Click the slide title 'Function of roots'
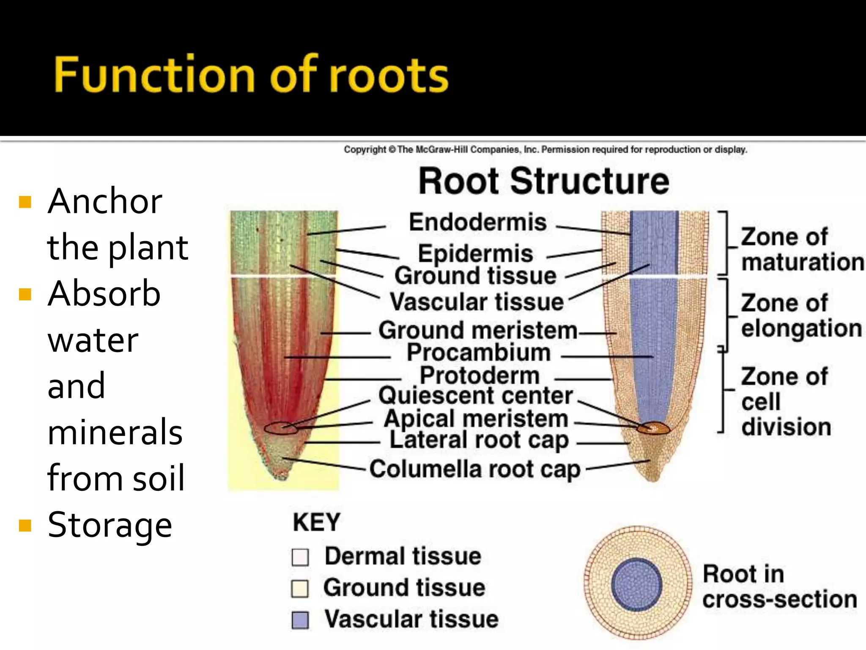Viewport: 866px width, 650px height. pos(251,74)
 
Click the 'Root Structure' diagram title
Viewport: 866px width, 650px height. pos(544,181)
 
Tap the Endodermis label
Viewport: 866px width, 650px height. pos(477,222)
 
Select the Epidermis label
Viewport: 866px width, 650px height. pos(475,253)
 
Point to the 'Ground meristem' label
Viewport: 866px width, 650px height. pos(478,331)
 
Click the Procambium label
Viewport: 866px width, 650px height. pos(479,353)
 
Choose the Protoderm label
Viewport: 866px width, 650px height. pos(480,375)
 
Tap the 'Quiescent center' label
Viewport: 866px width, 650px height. pos(476,396)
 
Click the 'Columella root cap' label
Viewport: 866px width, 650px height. pos(475,469)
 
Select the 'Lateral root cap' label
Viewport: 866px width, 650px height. pos(479,440)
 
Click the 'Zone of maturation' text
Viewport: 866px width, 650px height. pos(801,250)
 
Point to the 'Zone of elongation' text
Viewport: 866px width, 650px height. pos(800,316)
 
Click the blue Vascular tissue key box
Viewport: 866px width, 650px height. pos(300,620)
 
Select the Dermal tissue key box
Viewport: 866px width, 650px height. pos(300,557)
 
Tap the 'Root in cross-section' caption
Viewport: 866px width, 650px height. pos(779,587)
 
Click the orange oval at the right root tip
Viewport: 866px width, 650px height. pos(654,429)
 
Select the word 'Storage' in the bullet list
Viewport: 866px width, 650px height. pos(110,525)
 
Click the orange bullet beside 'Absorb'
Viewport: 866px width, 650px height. pos(25,294)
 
